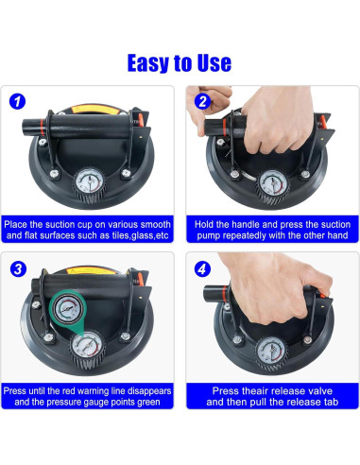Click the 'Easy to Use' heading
pyautogui.click(x=180, y=63)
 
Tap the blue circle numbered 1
pyautogui.click(x=17, y=101)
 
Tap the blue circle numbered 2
pyautogui.click(x=202, y=101)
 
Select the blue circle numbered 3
pyautogui.click(x=18, y=269)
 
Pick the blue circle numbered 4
pyautogui.click(x=202, y=269)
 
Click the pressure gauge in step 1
pyautogui.click(x=90, y=181)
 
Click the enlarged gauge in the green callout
pyautogui.click(x=67, y=309)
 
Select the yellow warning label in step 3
pyautogui.click(x=91, y=270)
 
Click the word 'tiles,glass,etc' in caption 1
pyautogui.click(x=141, y=235)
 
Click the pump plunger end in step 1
pyautogui.click(x=26, y=126)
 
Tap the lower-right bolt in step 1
pyautogui.click(x=127, y=173)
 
